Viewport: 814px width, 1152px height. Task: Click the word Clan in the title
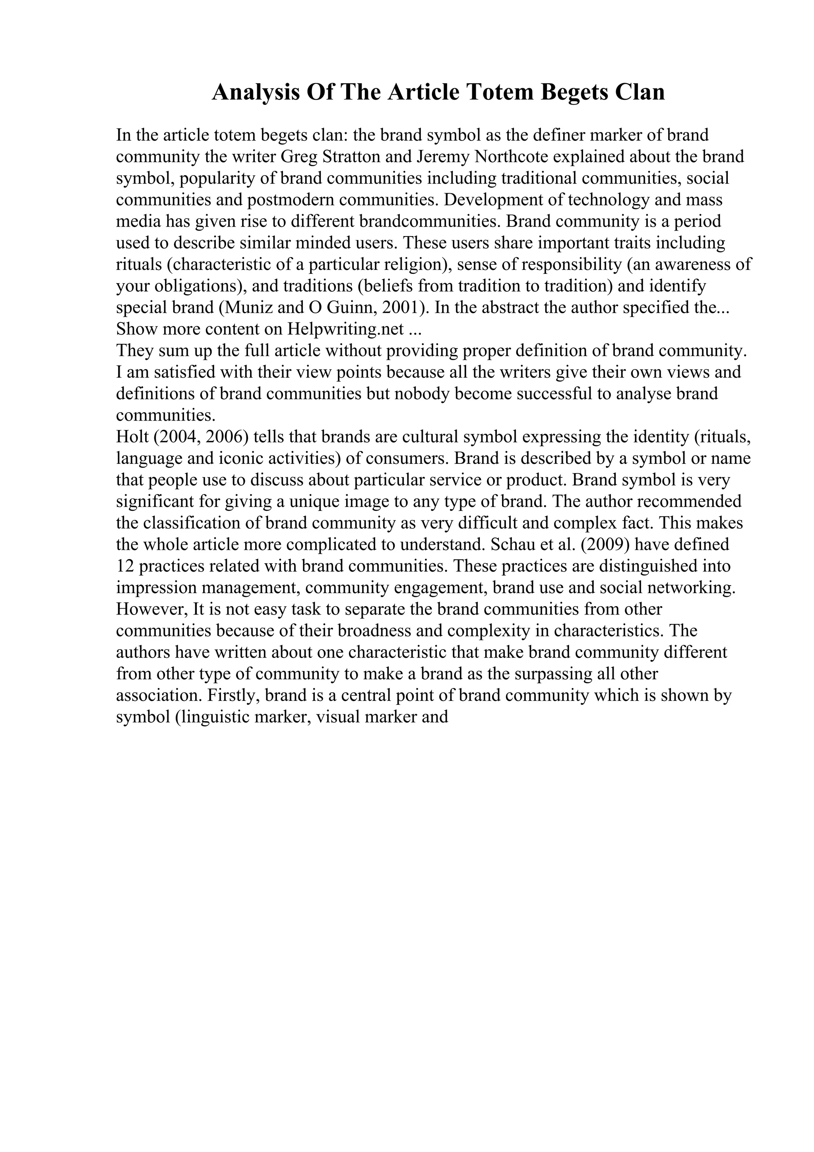(640, 92)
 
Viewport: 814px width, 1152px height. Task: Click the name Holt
(132, 437)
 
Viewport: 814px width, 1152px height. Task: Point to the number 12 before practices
(124, 566)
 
